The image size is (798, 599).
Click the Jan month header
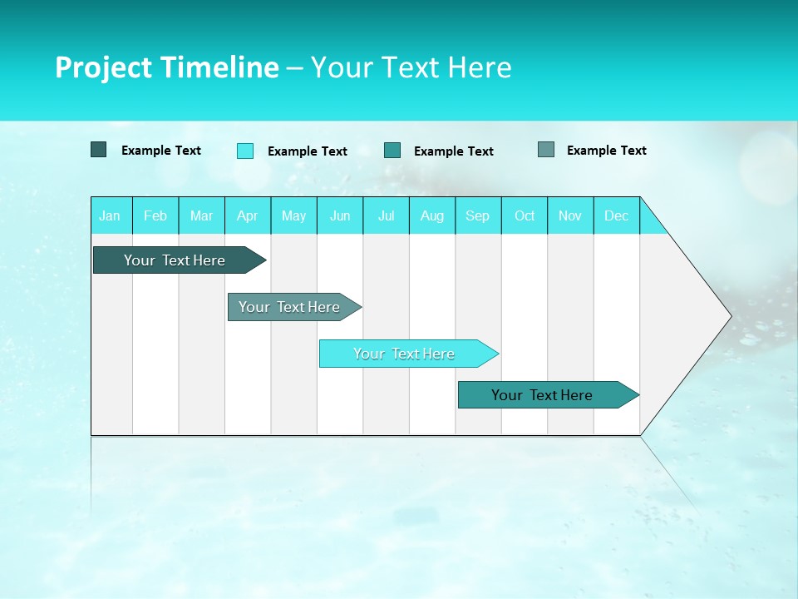pyautogui.click(x=110, y=215)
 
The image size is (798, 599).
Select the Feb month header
pyautogui.click(x=155, y=215)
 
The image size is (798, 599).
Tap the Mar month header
pyautogui.click(x=201, y=215)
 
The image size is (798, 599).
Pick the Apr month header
pyautogui.click(x=247, y=215)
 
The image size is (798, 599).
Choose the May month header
pyautogui.click(x=293, y=215)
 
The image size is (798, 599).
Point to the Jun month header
pyautogui.click(x=340, y=215)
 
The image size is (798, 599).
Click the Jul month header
pyautogui.click(x=386, y=215)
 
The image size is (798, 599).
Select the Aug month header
pyautogui.click(x=431, y=215)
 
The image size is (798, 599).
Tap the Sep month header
pyautogui.click(x=477, y=215)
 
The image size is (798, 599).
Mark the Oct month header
pyautogui.click(x=525, y=215)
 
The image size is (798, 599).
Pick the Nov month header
pyautogui.click(x=570, y=215)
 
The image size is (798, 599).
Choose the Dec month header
pyautogui.click(x=616, y=215)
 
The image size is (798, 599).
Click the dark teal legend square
pyautogui.click(x=98, y=150)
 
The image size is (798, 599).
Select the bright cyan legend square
pyautogui.click(x=245, y=151)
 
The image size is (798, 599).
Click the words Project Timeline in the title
pyautogui.click(x=167, y=67)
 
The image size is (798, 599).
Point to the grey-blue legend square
pyautogui.click(x=546, y=150)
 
